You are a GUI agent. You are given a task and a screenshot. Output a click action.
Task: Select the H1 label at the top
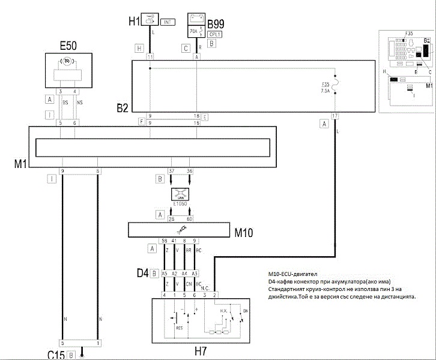[133, 22]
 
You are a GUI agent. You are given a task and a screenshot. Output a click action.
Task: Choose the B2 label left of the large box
[123, 91]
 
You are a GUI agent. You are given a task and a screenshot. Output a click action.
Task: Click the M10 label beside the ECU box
[247, 232]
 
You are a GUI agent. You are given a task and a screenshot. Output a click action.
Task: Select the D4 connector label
[142, 273]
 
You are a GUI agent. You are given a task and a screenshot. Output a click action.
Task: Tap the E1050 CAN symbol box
[180, 194]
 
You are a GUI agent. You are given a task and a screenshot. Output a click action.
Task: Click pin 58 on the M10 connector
[164, 241]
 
